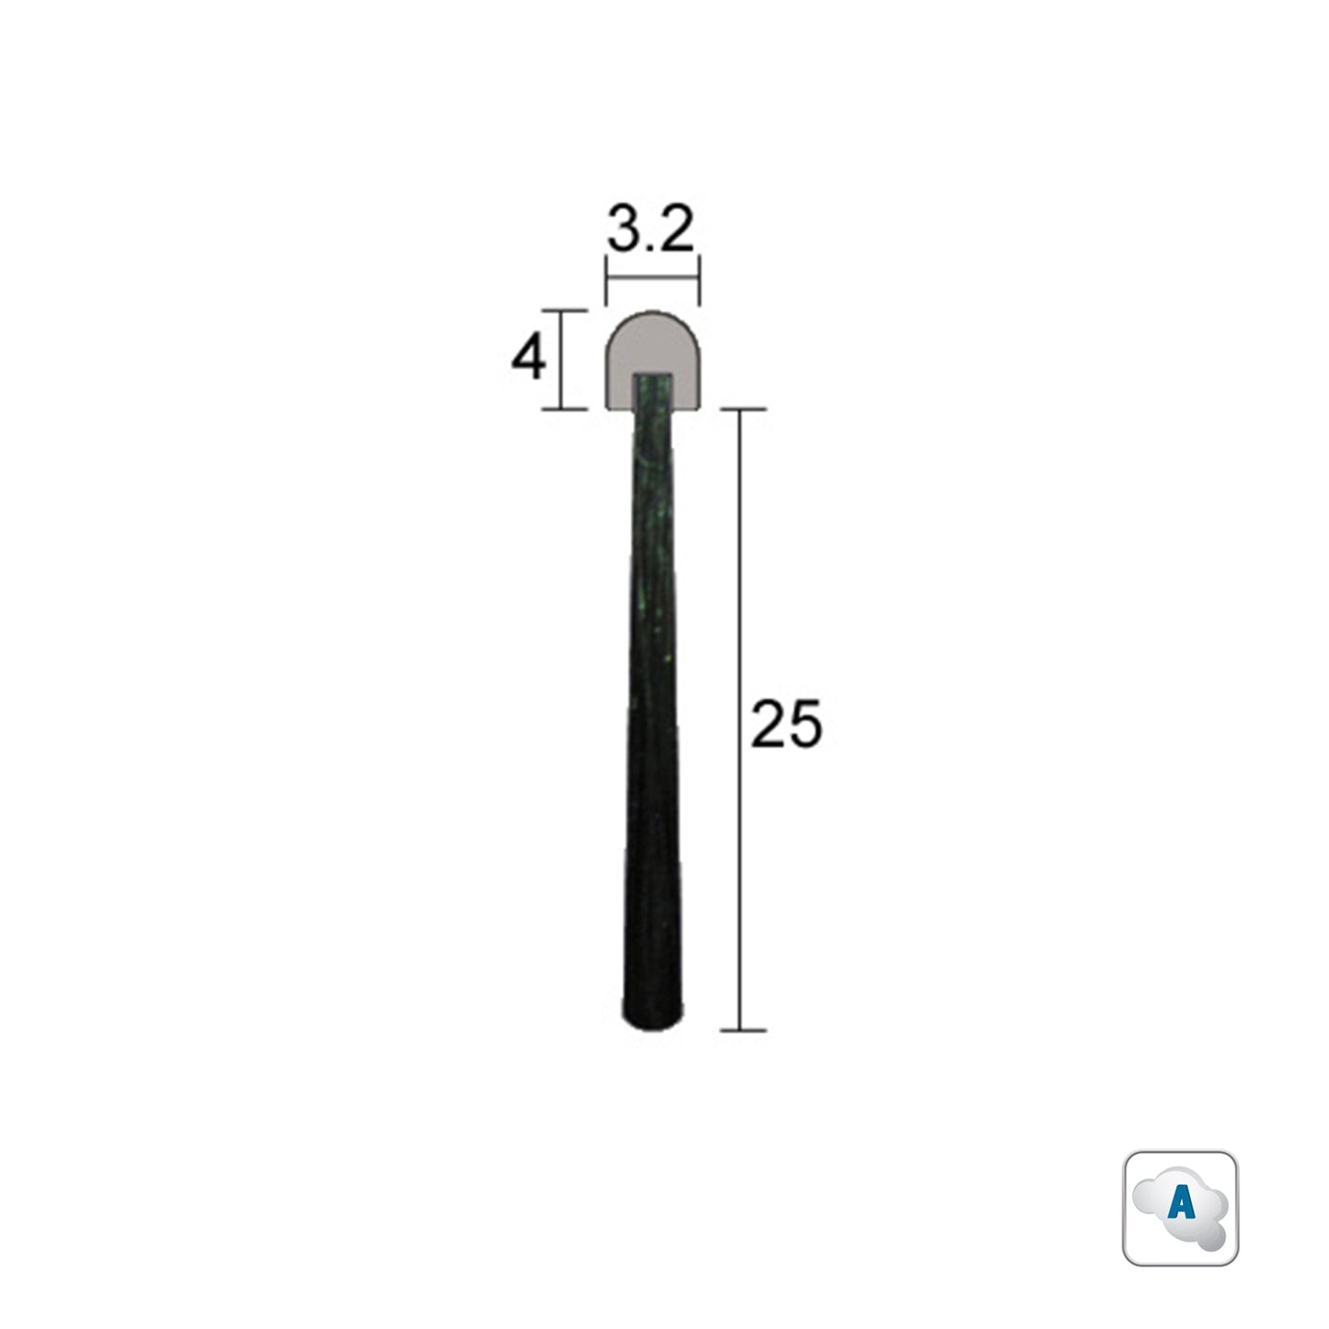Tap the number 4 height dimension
coord(529,359)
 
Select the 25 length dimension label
coord(786,724)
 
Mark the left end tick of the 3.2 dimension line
coord(605,280)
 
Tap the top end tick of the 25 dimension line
coord(740,408)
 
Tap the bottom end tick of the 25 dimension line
coord(740,1030)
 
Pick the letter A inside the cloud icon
coord(1180,1205)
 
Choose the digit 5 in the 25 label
coord(804,724)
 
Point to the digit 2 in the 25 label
coord(769,724)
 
